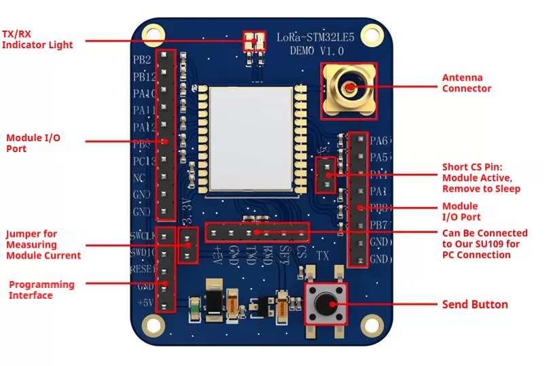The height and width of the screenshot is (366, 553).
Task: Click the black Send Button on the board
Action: pyautogui.click(x=325, y=304)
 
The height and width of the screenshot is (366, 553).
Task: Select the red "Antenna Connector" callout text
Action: pyautogui.click(x=467, y=83)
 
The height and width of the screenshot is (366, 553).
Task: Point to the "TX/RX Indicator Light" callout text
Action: pyautogui.click(x=37, y=39)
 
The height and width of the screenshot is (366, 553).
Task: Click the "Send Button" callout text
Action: pyautogui.click(x=475, y=304)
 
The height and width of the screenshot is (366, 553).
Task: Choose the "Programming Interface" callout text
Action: pyautogui.click(x=41, y=289)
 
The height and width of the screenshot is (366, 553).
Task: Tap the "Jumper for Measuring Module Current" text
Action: pyautogui.click(x=43, y=244)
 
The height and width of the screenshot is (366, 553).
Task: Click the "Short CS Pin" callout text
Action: pyautogui.click(x=481, y=177)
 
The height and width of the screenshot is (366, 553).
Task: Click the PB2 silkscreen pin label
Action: pyautogui.click(x=142, y=59)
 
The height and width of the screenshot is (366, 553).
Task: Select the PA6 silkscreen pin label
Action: pyautogui.click(x=379, y=141)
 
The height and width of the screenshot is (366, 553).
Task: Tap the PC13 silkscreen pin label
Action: pyautogui.click(x=144, y=161)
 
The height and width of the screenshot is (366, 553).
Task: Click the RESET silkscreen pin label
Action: pyautogui.click(x=143, y=270)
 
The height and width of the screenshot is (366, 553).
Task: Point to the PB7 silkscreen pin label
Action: pyautogui.click(x=379, y=225)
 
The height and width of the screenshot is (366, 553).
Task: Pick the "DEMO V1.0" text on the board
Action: pyautogui.click(x=317, y=50)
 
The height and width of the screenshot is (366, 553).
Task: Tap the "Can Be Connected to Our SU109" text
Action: pyautogui.click(x=484, y=244)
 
